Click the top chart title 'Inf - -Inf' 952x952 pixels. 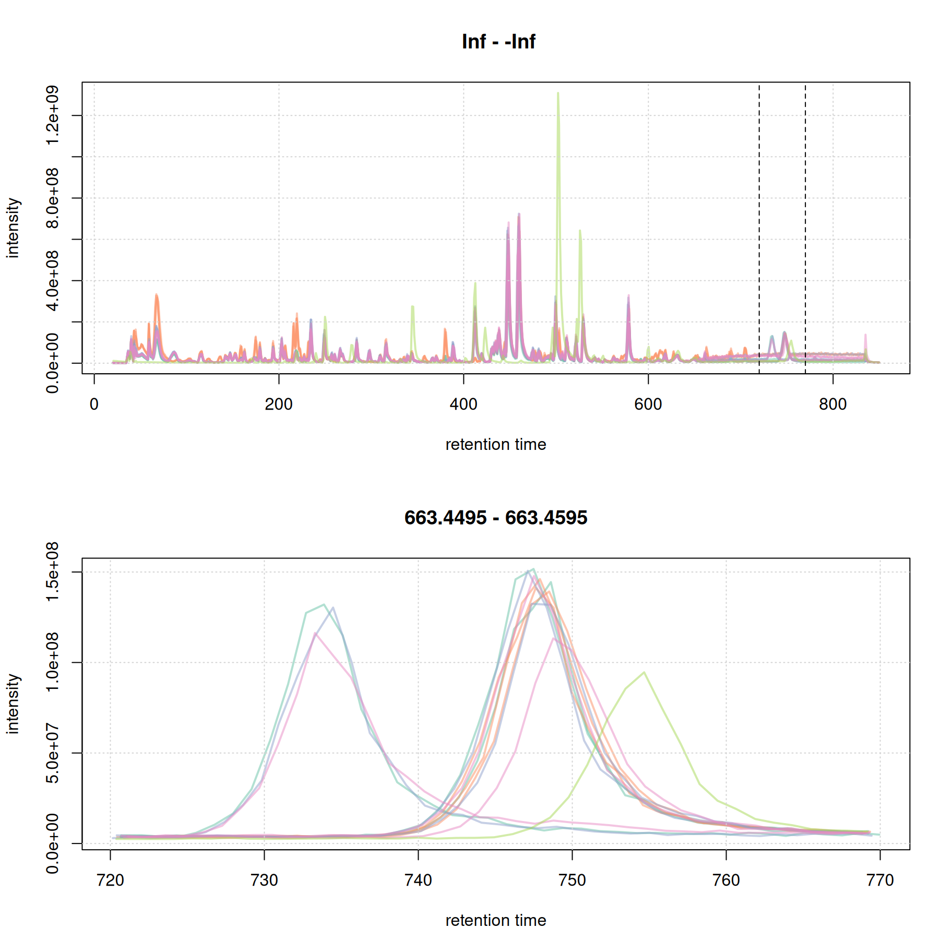(498, 42)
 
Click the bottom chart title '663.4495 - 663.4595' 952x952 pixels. (495, 518)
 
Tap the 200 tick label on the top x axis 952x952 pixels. (278, 404)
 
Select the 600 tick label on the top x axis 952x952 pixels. (648, 404)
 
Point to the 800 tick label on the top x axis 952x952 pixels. (832, 404)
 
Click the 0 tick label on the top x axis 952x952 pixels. (94, 404)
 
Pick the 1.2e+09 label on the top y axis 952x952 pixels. (52, 115)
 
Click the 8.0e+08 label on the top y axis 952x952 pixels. (52, 198)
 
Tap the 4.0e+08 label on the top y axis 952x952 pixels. (52, 281)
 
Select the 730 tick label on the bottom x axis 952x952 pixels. (264, 880)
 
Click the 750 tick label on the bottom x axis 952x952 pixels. (572, 880)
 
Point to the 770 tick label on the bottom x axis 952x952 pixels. (880, 880)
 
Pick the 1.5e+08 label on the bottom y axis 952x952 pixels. (52, 572)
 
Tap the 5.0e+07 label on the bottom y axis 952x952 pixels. (52, 753)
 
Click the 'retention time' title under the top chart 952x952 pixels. (495, 445)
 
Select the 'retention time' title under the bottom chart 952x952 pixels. (495, 921)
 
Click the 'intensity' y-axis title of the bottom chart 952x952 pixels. (13, 704)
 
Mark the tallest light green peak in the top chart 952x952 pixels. (558, 94)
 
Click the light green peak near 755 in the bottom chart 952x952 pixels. (644, 673)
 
